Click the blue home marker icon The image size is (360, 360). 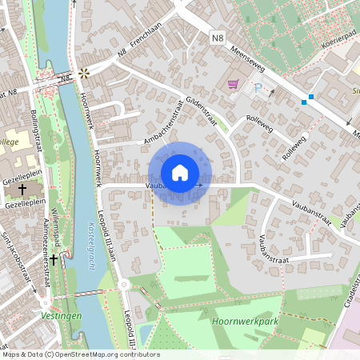(x=180, y=172)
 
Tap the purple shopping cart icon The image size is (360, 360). (x=233, y=83)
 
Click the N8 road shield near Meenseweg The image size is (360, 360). (x=218, y=38)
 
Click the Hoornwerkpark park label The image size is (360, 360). (x=240, y=321)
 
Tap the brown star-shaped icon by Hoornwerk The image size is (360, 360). (x=83, y=74)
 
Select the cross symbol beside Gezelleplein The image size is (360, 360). (x=22, y=190)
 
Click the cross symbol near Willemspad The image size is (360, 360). (x=54, y=258)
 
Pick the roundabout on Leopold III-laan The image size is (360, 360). (x=124, y=283)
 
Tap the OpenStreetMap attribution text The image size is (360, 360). (x=80, y=354)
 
